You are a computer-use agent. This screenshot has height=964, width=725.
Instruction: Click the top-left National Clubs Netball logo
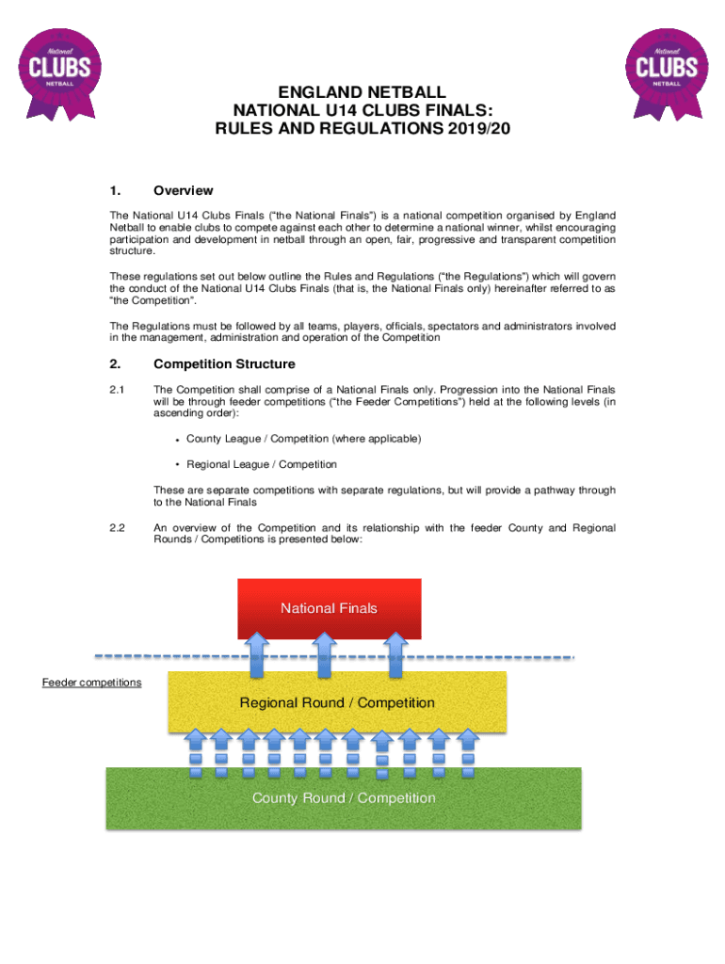(59, 71)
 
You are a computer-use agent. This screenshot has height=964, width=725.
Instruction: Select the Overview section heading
(184, 190)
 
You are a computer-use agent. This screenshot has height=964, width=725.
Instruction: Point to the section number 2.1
(118, 389)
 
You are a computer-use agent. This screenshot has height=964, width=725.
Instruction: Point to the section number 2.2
(118, 528)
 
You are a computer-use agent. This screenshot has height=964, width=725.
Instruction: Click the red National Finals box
(329, 608)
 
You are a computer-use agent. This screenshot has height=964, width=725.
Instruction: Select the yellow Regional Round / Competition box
(337, 703)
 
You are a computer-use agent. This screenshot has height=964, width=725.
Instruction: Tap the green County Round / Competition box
(344, 798)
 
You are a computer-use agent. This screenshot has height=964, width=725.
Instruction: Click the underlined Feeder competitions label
(91, 682)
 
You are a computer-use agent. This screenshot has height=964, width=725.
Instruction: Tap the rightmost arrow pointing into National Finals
(395, 653)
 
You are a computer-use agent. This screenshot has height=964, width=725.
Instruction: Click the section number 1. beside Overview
(115, 190)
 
